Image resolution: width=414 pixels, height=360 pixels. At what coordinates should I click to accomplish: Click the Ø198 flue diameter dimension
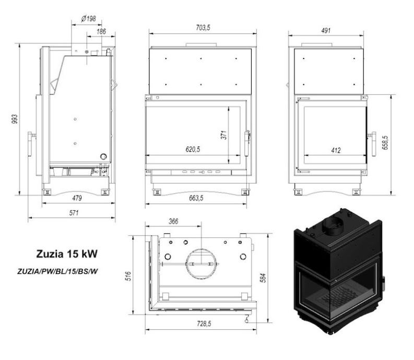[x=88, y=19]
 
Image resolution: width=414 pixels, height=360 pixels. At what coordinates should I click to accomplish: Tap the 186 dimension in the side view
[x=101, y=32]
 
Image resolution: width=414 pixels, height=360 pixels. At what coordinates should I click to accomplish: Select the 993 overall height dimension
[x=15, y=119]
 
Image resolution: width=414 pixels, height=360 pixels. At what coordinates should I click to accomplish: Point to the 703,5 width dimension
[x=203, y=28]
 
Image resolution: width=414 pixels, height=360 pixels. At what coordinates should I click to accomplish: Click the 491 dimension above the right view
[x=326, y=30]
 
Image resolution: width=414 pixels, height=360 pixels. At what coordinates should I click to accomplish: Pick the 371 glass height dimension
[x=224, y=135]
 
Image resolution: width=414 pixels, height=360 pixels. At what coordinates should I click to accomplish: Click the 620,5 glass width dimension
[x=193, y=149]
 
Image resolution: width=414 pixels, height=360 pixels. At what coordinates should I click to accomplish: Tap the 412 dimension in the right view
[x=336, y=150]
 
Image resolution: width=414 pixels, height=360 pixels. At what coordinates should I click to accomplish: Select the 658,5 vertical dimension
[x=385, y=143]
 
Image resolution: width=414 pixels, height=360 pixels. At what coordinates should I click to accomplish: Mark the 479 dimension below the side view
[x=77, y=198]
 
